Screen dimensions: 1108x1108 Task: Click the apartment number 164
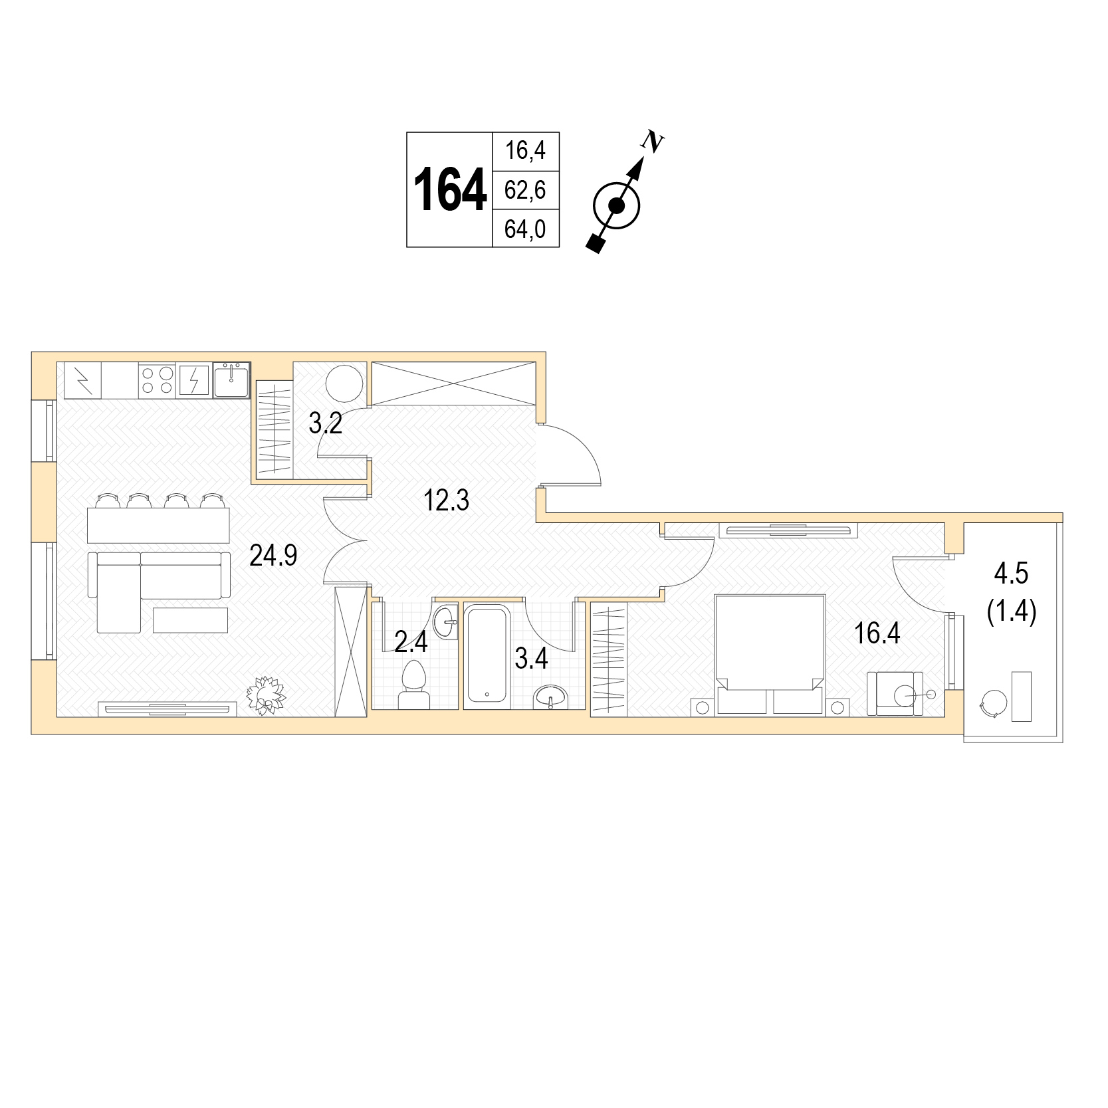(449, 190)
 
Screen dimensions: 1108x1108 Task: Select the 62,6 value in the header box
(525, 190)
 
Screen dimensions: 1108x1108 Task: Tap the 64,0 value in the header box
(525, 229)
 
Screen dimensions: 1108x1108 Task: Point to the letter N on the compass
(653, 141)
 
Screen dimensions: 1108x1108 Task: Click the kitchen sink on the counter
(231, 380)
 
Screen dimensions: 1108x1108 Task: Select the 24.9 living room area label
(273, 554)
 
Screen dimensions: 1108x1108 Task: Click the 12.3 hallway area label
(447, 500)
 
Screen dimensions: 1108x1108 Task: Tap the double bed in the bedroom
(769, 655)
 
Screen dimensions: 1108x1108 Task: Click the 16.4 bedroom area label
(877, 633)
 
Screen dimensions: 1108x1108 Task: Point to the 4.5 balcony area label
(1011, 573)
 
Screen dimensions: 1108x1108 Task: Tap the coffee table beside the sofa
(191, 620)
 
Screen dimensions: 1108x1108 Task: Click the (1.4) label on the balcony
(1012, 611)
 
